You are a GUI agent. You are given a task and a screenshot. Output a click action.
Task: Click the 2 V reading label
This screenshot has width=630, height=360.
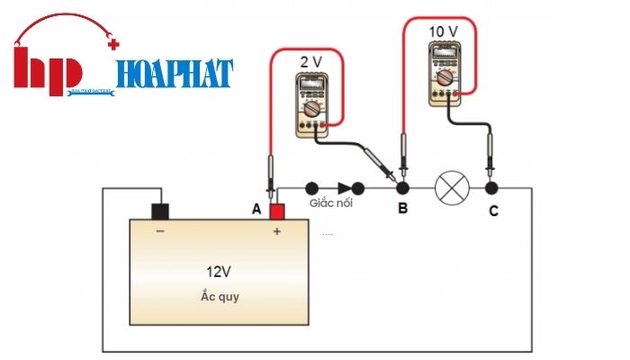310,63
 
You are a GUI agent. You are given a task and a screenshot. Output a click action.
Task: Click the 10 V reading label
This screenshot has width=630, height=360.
443,31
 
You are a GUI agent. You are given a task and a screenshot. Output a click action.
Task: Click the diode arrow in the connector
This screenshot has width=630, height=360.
345,188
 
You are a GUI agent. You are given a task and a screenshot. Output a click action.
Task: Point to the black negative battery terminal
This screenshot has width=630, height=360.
160,211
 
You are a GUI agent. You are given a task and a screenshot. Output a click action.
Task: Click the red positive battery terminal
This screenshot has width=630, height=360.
276,211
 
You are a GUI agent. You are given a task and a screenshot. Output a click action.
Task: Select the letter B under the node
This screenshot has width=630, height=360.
402,209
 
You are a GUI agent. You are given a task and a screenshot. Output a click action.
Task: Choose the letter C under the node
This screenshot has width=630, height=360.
491,211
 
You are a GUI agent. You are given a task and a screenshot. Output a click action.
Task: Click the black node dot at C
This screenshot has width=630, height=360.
491,188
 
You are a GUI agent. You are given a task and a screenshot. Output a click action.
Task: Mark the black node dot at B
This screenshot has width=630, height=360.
403,188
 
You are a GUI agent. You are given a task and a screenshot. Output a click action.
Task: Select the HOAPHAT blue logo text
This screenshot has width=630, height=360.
175,72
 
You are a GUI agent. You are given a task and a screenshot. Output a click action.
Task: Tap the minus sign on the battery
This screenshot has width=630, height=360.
160,230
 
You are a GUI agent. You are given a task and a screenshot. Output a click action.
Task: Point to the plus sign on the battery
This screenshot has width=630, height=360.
276,230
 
